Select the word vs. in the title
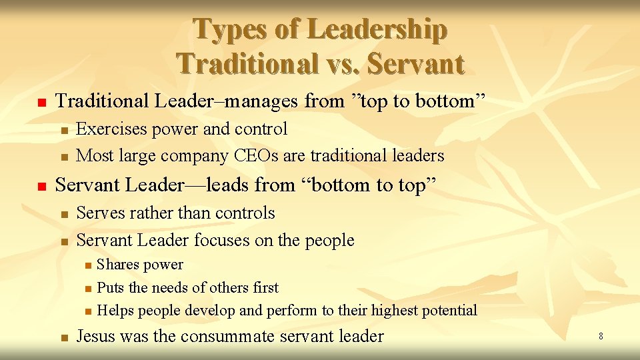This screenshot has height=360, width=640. coord(339,64)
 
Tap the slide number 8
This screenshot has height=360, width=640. coord(601,337)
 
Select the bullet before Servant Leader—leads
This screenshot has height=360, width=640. coord(41,187)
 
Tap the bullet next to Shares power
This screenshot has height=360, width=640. coord(88,266)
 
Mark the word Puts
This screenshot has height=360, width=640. coord(111,288)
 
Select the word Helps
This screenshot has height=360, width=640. coord(115,311)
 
